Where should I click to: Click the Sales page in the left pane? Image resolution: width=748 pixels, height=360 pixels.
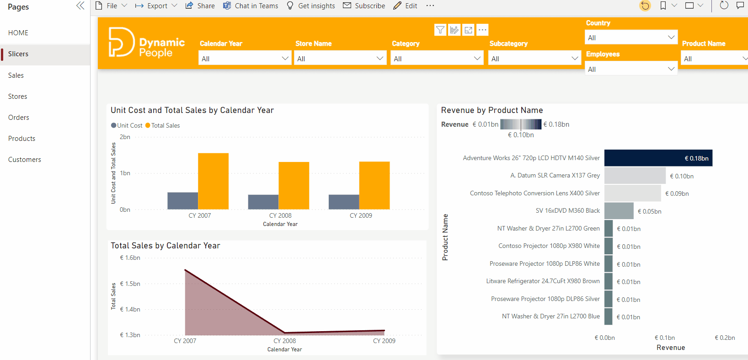pos(16,75)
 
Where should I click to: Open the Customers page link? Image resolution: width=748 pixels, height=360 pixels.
pos(25,160)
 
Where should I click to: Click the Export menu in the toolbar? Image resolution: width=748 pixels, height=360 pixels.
pos(156,6)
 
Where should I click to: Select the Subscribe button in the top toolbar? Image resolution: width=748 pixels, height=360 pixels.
pos(364,6)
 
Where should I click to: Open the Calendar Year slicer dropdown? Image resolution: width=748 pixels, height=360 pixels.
pos(245,59)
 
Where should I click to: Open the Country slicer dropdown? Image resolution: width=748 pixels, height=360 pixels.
pos(630,38)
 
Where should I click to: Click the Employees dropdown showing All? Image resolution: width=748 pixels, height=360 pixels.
pos(630,69)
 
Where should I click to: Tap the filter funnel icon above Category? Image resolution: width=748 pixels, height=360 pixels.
pos(440,30)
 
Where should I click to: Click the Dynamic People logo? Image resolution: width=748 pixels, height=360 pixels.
pos(146,43)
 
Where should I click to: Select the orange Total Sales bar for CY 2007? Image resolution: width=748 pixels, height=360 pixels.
pos(213,181)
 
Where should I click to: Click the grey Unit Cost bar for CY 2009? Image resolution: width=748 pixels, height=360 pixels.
pos(343,202)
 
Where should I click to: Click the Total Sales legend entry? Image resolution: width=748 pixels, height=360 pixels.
pos(163,125)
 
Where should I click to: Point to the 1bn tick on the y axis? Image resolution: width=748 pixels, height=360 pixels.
pos(125,173)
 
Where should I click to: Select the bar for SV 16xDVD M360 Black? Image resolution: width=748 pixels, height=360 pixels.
pos(619,211)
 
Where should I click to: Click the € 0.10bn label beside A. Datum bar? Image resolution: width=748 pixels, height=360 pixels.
pos(681,176)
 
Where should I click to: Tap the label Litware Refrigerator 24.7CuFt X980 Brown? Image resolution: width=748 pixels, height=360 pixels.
pos(543,281)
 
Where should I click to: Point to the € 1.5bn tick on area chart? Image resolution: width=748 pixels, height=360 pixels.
pos(130,284)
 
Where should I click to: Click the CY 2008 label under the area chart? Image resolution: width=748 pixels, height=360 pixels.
pos(284,341)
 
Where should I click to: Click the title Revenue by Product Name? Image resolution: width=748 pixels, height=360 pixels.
pos(492,110)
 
